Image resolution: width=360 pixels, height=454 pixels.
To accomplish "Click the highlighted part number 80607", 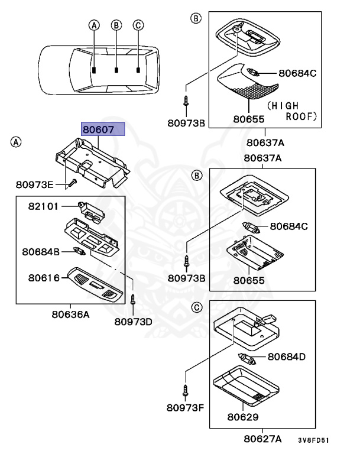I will point(103,129).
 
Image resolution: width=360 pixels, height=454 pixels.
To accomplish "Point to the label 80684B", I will point(41,252).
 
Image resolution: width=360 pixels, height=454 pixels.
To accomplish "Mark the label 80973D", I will point(133,322).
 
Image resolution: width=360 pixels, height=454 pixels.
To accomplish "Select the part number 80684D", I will point(287,356).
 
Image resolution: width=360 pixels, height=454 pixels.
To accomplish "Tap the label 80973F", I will point(185,407).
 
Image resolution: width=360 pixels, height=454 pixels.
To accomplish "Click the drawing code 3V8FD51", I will point(313,440).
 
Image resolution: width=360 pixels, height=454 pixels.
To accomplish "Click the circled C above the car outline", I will point(138,25).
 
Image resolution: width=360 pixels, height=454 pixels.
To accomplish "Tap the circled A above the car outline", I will point(93,25).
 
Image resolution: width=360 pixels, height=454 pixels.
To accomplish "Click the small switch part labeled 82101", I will point(91,211).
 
